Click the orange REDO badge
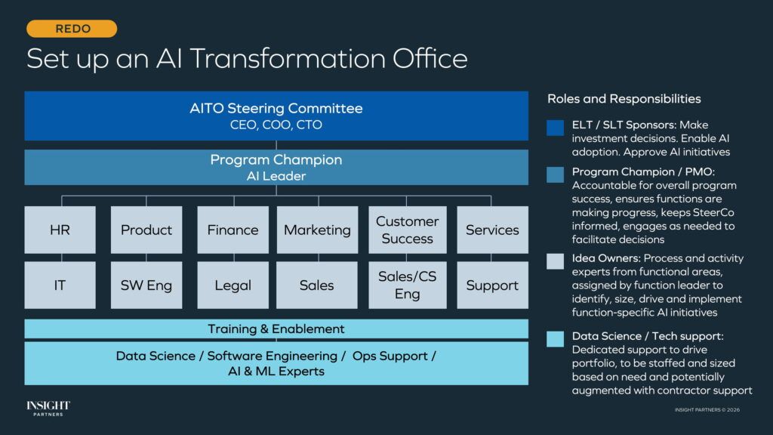(72, 29)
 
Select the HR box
(60, 230)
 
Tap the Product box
(146, 230)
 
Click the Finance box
(233, 230)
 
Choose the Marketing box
(317, 230)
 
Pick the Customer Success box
(407, 230)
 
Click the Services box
(492, 230)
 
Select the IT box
(60, 285)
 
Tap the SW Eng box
(146, 285)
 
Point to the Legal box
(233, 285)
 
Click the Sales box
(317, 285)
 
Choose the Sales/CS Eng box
(407, 285)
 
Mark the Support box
(492, 285)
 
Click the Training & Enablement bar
(276, 329)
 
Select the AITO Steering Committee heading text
(276, 109)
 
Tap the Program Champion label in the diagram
(276, 160)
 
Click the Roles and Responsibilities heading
(624, 99)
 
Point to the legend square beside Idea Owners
(555, 261)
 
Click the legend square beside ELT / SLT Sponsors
(555, 128)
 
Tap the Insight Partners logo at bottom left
(48, 409)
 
